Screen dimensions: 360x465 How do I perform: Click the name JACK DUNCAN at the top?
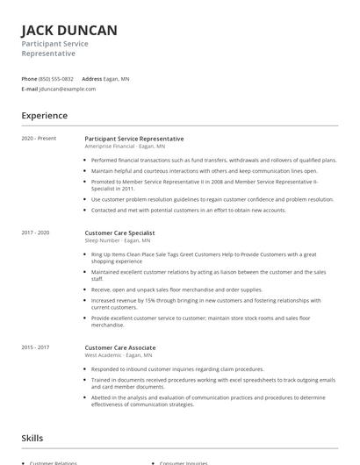coord(68,31)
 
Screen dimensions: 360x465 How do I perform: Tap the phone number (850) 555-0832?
coord(56,79)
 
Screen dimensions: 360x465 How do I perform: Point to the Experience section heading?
coord(45,116)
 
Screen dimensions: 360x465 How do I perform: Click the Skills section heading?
coord(32,438)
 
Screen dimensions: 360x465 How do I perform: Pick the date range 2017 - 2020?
coord(36,232)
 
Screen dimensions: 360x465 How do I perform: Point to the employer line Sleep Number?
coord(117,240)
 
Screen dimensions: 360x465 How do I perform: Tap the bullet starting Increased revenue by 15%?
coord(206,304)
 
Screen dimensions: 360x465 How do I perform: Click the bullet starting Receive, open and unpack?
coord(176,289)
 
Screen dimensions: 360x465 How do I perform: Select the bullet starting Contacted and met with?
coord(188,211)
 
